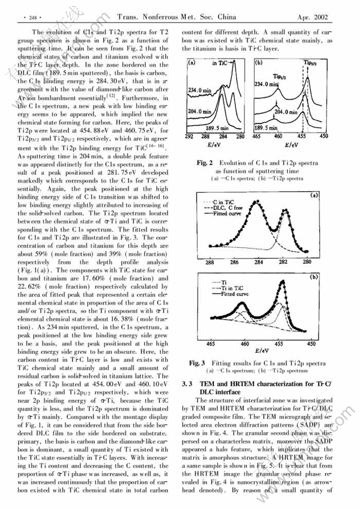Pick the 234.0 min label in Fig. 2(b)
266,84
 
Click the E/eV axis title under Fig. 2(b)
291,145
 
